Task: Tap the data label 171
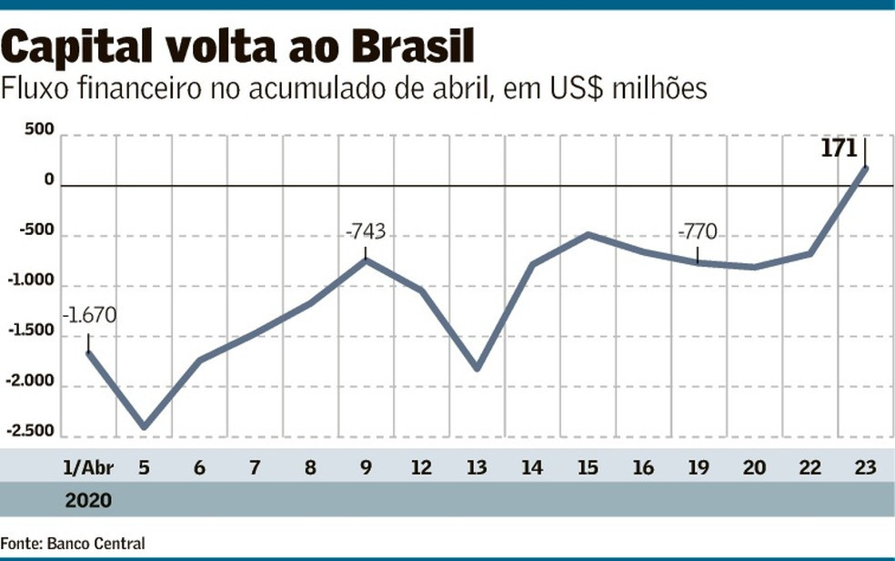840,148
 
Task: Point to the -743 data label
366,232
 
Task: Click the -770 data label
698,232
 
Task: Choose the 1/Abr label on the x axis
85,468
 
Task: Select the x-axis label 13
477,468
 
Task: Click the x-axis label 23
864,468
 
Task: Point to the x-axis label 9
366,468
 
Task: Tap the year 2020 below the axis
88,500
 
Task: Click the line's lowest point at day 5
144,427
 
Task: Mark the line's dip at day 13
477,368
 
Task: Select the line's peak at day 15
588,235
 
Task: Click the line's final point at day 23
864,168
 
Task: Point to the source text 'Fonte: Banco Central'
73,543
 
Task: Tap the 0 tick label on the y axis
48,179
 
